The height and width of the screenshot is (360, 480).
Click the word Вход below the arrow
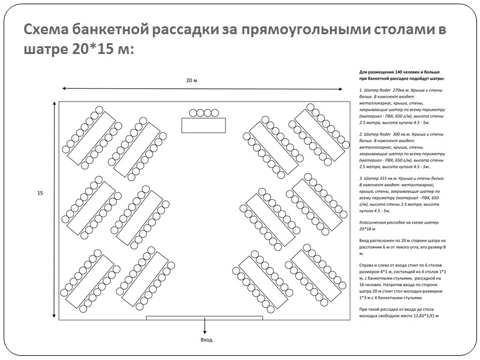click(206, 340)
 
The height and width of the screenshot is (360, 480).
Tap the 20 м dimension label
click(191, 80)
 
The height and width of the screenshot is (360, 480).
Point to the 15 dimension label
click(40, 193)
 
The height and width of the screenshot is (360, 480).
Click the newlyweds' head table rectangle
click(203, 125)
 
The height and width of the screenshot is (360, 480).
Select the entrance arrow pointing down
click(205, 326)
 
